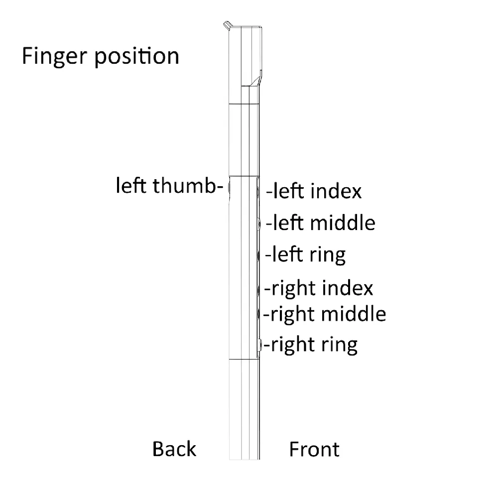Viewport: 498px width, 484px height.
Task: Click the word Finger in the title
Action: [x=54, y=57]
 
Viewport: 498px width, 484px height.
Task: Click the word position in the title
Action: [x=137, y=57]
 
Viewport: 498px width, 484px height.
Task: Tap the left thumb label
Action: [x=169, y=185]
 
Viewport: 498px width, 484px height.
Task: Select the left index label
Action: [x=314, y=191]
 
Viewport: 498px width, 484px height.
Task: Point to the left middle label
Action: [x=320, y=223]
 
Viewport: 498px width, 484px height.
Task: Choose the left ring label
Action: [x=306, y=255]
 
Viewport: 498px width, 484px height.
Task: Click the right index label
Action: [x=319, y=288]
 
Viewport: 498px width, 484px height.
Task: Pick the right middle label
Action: [x=325, y=314]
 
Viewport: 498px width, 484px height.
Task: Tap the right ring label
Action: [x=311, y=345]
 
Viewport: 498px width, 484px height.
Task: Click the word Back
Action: [x=174, y=449]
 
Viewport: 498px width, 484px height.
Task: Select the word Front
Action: [x=314, y=449]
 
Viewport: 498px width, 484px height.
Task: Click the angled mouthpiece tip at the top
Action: [x=227, y=25]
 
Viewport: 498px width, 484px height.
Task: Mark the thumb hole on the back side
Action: [x=229, y=188]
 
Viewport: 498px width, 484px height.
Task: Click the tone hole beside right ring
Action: [x=260, y=345]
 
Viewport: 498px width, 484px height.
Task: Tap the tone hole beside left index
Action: [x=258, y=192]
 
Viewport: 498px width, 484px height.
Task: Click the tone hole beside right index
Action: [x=258, y=289]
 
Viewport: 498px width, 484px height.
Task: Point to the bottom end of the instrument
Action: [x=244, y=459]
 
